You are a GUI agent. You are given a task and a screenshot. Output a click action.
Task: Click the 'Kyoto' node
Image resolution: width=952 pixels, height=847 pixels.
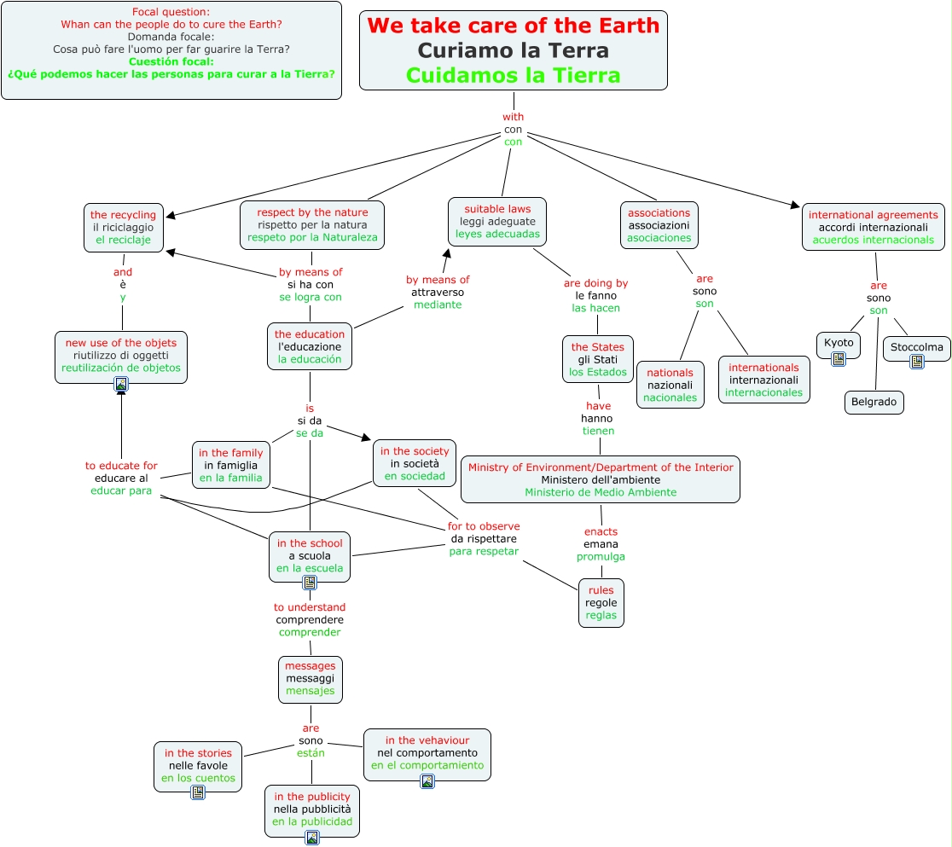pyautogui.click(x=839, y=343)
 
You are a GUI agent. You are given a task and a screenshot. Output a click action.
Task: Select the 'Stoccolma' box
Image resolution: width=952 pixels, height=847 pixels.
pyautogui.click(x=916, y=347)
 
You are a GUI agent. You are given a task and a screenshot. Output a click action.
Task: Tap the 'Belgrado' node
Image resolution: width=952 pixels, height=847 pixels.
pyautogui.click(x=874, y=402)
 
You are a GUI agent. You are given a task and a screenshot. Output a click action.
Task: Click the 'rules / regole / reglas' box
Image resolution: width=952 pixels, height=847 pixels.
pyautogui.click(x=601, y=603)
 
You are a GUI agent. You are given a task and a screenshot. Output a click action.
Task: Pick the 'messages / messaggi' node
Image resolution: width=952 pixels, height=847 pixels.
pyautogui.click(x=311, y=679)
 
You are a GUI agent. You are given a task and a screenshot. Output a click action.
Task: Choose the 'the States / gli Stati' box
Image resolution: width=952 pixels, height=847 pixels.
pyautogui.click(x=597, y=359)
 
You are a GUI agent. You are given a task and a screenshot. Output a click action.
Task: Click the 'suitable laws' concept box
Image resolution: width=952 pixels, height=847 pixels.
pyautogui.click(x=497, y=221)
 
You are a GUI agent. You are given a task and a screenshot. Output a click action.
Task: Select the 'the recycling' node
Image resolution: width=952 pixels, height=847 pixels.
pyautogui.click(x=123, y=227)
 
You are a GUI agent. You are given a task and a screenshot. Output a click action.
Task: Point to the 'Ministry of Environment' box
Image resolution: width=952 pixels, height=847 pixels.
pyautogui.click(x=600, y=479)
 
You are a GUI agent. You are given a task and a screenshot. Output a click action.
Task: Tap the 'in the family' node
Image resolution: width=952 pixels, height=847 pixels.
pyautogui.click(x=230, y=466)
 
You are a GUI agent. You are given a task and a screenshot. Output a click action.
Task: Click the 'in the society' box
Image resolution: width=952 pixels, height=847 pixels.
pyautogui.click(x=415, y=463)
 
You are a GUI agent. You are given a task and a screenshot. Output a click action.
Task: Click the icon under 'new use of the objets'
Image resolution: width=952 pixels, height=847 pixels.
pyautogui.click(x=121, y=385)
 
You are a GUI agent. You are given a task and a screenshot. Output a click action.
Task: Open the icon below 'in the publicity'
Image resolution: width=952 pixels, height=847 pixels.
pyautogui.click(x=312, y=838)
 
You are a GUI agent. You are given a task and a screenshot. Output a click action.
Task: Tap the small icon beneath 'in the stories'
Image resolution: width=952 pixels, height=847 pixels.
pyautogui.click(x=198, y=793)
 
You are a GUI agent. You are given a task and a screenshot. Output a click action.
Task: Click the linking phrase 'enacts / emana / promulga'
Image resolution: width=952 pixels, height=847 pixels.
pyautogui.click(x=601, y=544)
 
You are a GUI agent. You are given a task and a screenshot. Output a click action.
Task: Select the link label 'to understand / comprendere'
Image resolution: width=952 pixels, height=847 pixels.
pyautogui.click(x=310, y=620)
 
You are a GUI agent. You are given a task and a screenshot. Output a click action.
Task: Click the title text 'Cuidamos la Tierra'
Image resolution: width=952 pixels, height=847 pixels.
pyautogui.click(x=513, y=75)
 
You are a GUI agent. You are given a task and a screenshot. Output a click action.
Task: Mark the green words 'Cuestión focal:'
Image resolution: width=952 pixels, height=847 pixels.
pyautogui.click(x=171, y=61)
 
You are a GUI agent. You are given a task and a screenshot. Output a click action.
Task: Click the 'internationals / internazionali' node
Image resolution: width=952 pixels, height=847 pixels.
pyautogui.click(x=763, y=380)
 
